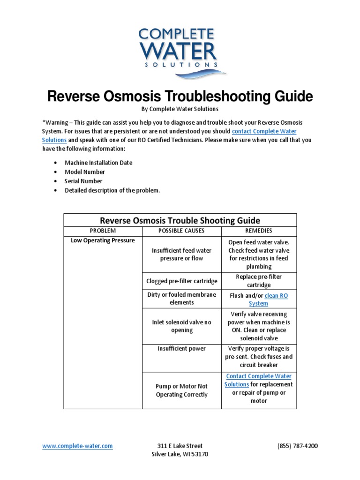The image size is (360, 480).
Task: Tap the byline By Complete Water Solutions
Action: point(180,109)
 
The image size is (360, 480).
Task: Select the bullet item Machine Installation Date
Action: point(98,163)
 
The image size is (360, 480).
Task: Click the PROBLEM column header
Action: point(103,231)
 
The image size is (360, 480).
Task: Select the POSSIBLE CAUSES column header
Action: point(181,231)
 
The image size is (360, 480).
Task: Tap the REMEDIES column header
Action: point(259,231)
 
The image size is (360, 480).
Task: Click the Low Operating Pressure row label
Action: point(103,240)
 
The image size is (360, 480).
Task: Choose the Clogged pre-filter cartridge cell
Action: point(181,281)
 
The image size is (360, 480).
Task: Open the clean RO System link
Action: point(276,296)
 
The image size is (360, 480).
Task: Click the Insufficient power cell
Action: point(181,349)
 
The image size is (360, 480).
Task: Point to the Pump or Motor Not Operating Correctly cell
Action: point(181,390)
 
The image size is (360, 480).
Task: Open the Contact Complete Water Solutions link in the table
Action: point(259,376)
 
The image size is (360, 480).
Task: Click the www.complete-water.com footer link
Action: point(77,446)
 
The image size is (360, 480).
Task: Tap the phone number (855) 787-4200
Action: point(297,446)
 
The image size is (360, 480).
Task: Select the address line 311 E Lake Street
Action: point(180,446)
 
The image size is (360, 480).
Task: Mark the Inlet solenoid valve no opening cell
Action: point(181,326)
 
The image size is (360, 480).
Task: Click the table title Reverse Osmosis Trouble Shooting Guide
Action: point(180,220)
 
